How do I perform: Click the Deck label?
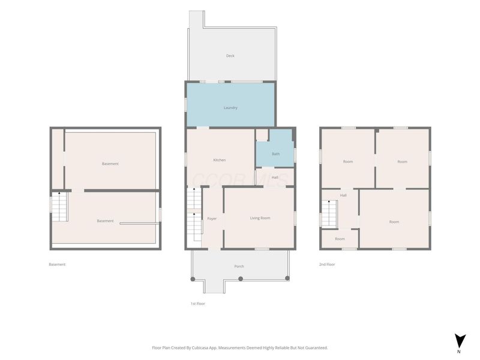[x=230, y=56]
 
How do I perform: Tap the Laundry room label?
[x=230, y=108]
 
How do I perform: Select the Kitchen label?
[x=220, y=160]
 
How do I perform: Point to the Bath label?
[x=276, y=154]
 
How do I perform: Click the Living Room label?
[x=260, y=218]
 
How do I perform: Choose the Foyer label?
[x=212, y=218]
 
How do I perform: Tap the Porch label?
[x=239, y=266]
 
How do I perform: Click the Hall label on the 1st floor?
[x=275, y=178]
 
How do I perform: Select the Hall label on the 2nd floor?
[x=343, y=196]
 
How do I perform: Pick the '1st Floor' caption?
[x=198, y=304]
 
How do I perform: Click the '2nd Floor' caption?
[x=327, y=264]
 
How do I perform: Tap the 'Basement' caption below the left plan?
[x=57, y=264]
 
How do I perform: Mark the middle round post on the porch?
[x=241, y=278]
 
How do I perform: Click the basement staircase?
[x=59, y=206]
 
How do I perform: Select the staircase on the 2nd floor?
[x=329, y=214]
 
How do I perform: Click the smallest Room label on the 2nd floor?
[x=340, y=239]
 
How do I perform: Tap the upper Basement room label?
[x=110, y=164]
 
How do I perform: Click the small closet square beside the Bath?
[x=262, y=135]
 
